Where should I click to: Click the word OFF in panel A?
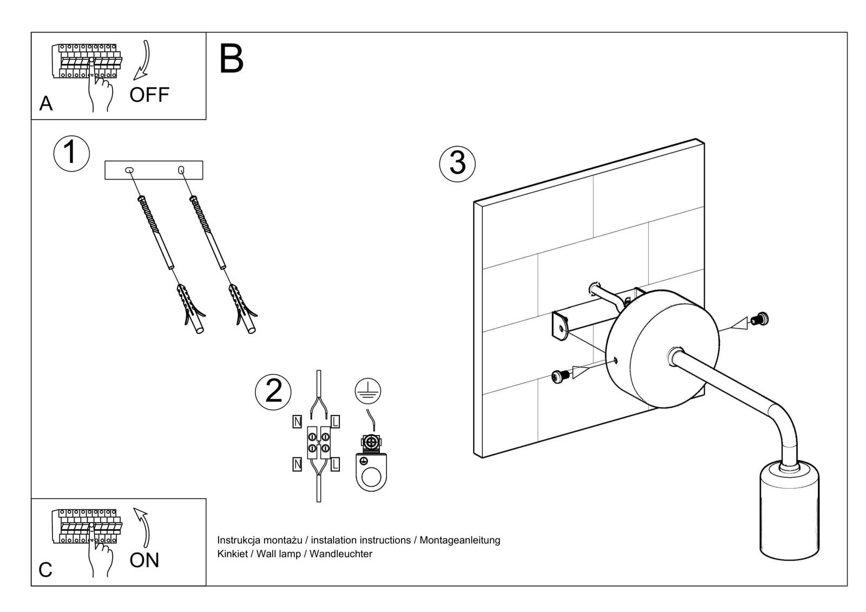(x=149, y=95)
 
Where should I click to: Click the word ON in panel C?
(x=145, y=560)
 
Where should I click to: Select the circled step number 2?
(x=273, y=391)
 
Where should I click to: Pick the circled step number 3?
(x=457, y=163)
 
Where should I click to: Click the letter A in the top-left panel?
(x=46, y=103)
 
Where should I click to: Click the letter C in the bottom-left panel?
(x=45, y=570)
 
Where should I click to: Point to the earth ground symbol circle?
(x=368, y=391)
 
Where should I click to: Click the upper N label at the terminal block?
(x=297, y=421)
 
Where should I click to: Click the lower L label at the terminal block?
(x=335, y=464)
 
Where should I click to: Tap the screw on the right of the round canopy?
(x=762, y=320)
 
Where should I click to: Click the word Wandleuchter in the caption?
(x=340, y=554)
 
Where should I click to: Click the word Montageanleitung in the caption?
(x=460, y=539)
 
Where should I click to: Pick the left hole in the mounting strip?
(x=129, y=170)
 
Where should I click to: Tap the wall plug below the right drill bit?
(x=242, y=306)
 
